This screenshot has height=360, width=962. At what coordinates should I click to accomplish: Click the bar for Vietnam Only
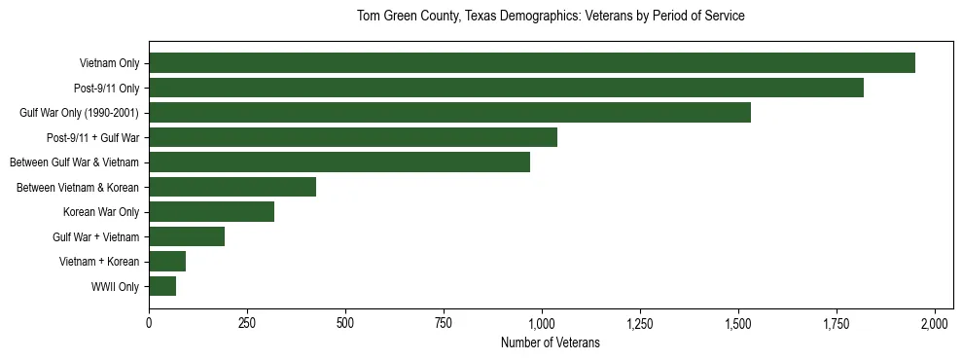click(531, 63)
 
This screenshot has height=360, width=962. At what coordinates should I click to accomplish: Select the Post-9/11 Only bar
click(506, 88)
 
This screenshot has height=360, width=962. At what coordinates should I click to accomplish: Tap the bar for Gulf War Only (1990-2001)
click(449, 113)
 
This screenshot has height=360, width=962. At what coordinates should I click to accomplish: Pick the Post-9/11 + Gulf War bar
click(353, 137)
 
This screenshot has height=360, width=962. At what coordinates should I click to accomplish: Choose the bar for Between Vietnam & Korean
click(232, 187)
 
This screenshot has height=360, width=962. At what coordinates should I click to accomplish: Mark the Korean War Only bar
click(211, 212)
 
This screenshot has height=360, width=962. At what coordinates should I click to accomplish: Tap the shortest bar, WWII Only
click(162, 286)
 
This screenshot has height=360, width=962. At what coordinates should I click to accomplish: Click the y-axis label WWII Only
click(115, 287)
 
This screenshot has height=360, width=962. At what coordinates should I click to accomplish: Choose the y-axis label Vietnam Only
click(109, 63)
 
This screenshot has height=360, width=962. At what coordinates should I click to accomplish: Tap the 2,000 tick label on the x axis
click(935, 322)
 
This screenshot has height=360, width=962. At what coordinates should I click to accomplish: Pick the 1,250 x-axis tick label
click(640, 322)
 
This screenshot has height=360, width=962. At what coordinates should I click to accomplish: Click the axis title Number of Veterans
click(550, 343)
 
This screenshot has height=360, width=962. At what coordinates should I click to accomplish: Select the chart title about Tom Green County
click(550, 17)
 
